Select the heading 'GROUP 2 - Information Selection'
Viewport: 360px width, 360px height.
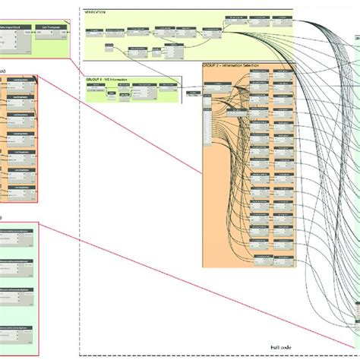232,66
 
